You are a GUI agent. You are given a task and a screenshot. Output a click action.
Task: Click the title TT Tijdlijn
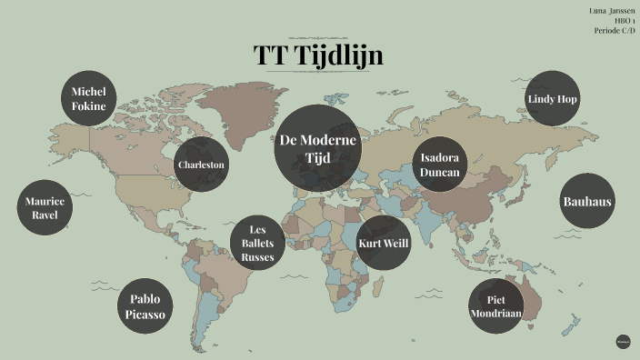coord(318,55)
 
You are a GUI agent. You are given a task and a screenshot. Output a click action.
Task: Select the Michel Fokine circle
coord(89,99)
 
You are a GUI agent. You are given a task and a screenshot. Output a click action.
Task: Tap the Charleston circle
coord(201,165)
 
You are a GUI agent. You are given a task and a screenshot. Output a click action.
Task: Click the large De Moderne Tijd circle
coord(318,149)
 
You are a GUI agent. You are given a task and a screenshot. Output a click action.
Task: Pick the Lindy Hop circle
coord(553,98)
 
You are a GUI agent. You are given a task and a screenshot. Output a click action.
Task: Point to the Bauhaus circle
coord(587,202)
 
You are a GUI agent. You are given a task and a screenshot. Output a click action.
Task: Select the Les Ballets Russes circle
coord(257,243)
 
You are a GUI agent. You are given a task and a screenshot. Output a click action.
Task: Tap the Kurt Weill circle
coord(384,243)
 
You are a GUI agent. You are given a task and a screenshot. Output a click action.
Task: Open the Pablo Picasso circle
coord(145,306)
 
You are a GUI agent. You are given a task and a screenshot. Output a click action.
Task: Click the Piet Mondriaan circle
coord(495,306)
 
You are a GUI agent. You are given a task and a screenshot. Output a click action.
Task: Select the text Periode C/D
coord(615,31)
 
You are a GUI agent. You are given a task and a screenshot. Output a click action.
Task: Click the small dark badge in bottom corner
coord(623,342)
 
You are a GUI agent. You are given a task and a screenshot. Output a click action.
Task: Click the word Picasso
coord(145,315)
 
